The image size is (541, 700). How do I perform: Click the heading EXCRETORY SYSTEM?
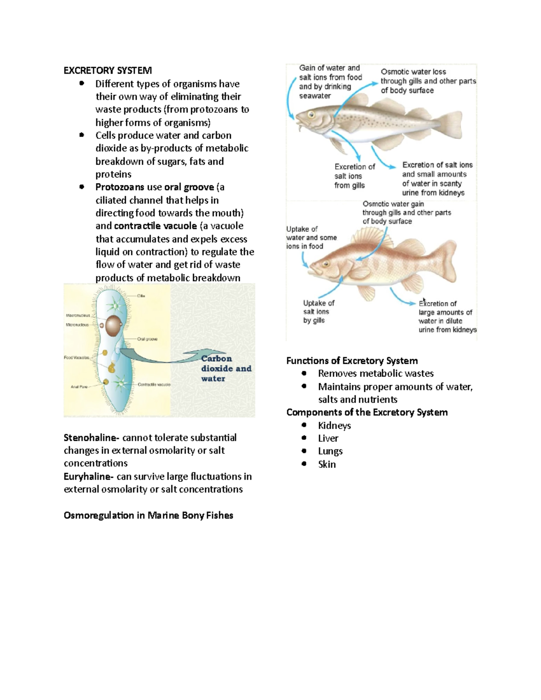(x=108, y=70)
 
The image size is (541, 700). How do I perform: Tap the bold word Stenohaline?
(x=91, y=438)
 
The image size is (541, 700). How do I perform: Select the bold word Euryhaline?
(x=89, y=476)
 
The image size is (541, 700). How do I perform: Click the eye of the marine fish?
(x=311, y=114)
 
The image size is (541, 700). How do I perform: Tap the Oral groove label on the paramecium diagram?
(x=147, y=339)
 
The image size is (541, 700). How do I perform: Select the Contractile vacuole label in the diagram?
(x=154, y=384)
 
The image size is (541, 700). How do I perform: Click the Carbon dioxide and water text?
(x=225, y=368)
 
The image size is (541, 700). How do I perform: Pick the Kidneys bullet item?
(x=334, y=425)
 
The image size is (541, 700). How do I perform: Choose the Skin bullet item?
(x=327, y=464)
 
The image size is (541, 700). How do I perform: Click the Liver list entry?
(x=328, y=438)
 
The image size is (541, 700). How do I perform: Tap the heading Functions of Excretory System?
(x=352, y=361)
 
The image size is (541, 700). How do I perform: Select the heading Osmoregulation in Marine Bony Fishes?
(x=148, y=515)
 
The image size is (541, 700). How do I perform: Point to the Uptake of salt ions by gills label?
(x=318, y=311)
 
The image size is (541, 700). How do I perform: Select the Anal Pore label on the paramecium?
(x=79, y=386)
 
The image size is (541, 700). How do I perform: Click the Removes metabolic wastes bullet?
(x=376, y=373)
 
